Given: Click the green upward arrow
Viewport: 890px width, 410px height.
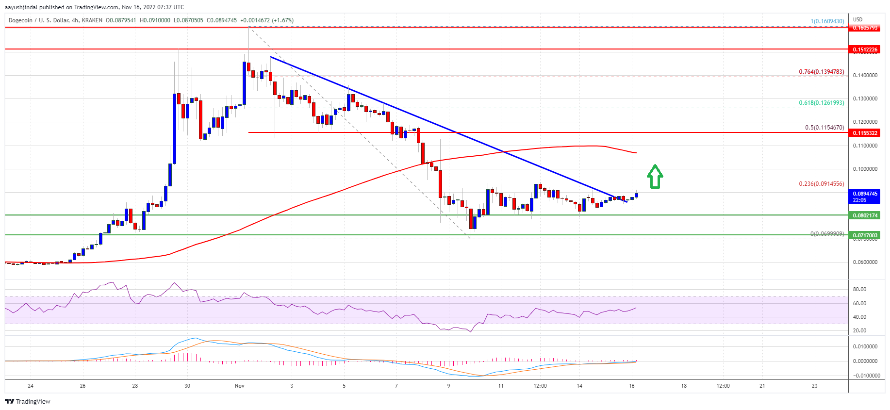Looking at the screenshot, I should click(655, 177).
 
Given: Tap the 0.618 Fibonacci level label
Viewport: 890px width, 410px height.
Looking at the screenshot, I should click(821, 103).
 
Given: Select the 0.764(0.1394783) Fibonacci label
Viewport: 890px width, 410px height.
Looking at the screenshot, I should click(821, 72).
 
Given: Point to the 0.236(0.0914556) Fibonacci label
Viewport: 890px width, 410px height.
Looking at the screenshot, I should click(821, 184).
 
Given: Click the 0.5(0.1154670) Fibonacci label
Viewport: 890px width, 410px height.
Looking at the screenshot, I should click(824, 128).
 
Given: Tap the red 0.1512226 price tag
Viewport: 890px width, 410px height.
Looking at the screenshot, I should click(865, 49).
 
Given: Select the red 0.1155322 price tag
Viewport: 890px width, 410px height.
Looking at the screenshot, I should click(865, 133).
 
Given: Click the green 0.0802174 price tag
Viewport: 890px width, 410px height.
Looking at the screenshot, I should click(865, 215).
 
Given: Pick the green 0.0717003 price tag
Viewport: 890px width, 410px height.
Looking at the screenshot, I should click(865, 235).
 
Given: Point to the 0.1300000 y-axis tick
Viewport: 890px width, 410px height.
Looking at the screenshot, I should click(865, 98).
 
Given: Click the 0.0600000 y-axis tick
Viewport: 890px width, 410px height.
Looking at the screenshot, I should click(865, 262).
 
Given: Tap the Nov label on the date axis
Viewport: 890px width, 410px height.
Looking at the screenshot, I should click(239, 386).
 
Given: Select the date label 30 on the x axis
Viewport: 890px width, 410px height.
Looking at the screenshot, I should click(187, 386).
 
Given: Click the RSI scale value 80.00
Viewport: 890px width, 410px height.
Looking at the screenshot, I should click(859, 289).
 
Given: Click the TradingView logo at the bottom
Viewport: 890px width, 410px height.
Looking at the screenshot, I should click(28, 401).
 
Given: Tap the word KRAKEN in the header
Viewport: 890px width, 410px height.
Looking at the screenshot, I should click(92, 20).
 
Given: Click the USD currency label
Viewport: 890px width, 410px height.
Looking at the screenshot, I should click(858, 20).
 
